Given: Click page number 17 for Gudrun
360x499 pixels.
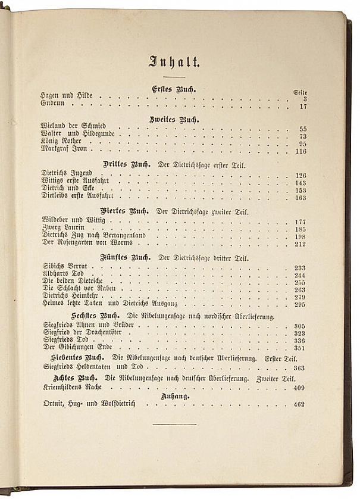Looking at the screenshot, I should click(302, 107).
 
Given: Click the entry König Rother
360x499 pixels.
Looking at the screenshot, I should click(61, 143).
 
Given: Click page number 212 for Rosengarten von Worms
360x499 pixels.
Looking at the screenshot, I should click(300, 244).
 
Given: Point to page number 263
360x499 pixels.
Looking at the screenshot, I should click(300, 290).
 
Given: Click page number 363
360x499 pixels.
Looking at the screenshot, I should click(299, 368).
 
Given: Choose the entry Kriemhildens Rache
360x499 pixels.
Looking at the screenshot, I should click(71, 388).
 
